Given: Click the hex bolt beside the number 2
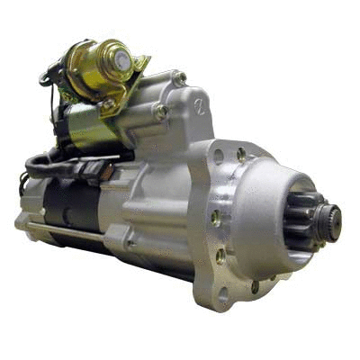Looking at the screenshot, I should point(180,79).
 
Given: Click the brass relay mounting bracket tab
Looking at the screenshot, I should point(139,64).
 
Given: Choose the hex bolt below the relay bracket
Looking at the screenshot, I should point(161,112).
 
